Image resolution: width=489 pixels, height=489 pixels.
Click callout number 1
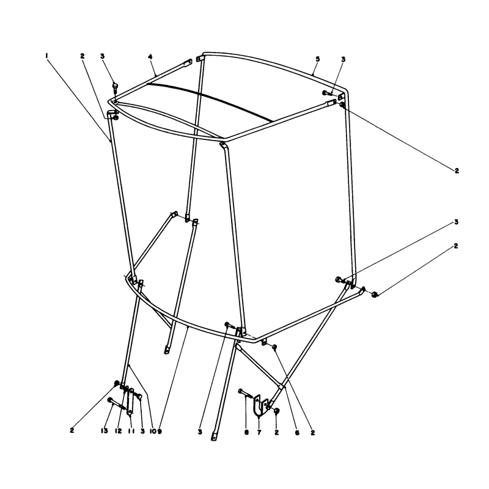click(46, 56)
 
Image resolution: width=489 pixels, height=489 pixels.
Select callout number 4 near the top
click(150, 56)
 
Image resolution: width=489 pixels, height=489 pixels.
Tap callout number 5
click(317, 59)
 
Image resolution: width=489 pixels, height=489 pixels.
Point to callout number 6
click(297, 433)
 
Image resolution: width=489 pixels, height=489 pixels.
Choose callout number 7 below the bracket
click(259, 433)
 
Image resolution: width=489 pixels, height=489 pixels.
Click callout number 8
click(247, 433)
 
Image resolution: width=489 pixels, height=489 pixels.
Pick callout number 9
click(160, 432)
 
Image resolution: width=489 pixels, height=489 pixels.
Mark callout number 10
click(153, 432)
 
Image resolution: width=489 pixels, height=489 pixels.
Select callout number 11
click(131, 431)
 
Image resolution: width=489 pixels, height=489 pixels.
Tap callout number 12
click(118, 431)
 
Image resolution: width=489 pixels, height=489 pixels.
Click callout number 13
click(104, 431)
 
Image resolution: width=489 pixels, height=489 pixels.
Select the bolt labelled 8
click(246, 394)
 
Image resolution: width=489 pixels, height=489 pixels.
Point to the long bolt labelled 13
click(117, 404)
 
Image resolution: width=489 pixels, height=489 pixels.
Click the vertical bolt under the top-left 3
click(115, 87)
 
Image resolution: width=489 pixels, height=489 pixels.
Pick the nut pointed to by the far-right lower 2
click(375, 294)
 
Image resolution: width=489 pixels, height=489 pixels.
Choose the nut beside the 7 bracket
click(276, 411)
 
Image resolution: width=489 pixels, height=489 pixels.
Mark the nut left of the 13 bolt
click(117, 383)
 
